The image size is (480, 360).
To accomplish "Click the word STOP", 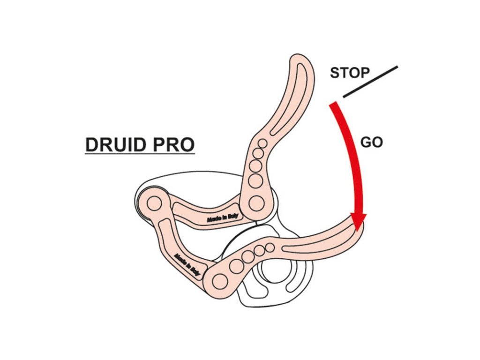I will pos(350,73).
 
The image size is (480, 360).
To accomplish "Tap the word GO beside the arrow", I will pos(372,142).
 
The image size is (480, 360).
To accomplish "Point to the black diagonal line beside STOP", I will pos(370,82).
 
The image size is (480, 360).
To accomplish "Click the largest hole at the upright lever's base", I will pos(256,203).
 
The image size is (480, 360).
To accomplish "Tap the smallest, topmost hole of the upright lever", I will pos(263,143).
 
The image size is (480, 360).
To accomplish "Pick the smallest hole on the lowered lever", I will pos(270,247).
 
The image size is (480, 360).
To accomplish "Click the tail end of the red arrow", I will pos(333,105).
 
